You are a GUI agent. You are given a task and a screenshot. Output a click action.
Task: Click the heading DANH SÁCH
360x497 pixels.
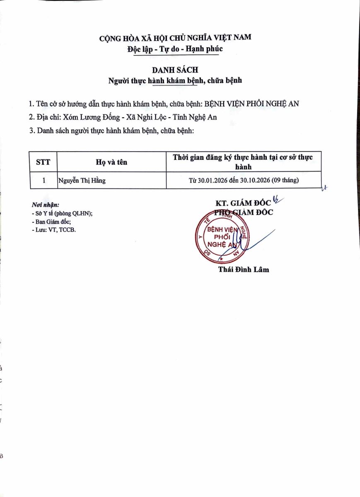coord(174,70)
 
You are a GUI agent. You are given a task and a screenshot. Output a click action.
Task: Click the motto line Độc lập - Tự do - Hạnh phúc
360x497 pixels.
coord(175,49)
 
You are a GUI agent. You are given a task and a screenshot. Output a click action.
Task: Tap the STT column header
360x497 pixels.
coord(43,162)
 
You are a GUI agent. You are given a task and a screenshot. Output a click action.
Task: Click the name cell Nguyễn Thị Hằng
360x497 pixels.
coord(82,181)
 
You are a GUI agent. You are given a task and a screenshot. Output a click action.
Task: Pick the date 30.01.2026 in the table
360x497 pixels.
coord(211,181)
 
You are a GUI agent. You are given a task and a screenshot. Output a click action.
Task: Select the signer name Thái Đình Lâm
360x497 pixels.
coord(244,270)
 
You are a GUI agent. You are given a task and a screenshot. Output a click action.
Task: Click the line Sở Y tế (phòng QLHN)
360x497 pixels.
coord(62,213)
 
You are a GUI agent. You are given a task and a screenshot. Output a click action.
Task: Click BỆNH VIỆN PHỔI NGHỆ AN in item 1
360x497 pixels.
coord(252,104)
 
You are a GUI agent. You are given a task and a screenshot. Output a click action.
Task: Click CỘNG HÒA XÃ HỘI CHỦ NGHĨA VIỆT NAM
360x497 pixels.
coord(175,39)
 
